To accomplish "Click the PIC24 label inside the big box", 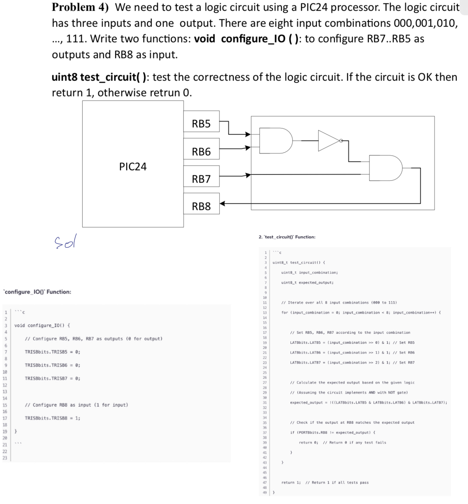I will tap(133, 167).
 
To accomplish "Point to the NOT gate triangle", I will tap(328, 141).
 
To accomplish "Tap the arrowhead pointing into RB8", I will tap(223, 203).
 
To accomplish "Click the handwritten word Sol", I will tap(65, 242).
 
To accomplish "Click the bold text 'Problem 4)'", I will tap(80, 7).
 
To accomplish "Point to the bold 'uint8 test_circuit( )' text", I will tap(99, 77).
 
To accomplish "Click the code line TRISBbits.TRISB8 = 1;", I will tap(52, 418).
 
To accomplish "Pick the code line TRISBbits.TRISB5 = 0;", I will tap(52, 352).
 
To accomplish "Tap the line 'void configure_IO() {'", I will tap(42, 326).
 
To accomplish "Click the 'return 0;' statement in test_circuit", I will tap(308, 442).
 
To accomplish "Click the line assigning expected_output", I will tap(368, 403).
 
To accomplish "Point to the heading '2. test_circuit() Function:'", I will tap(287, 237).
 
